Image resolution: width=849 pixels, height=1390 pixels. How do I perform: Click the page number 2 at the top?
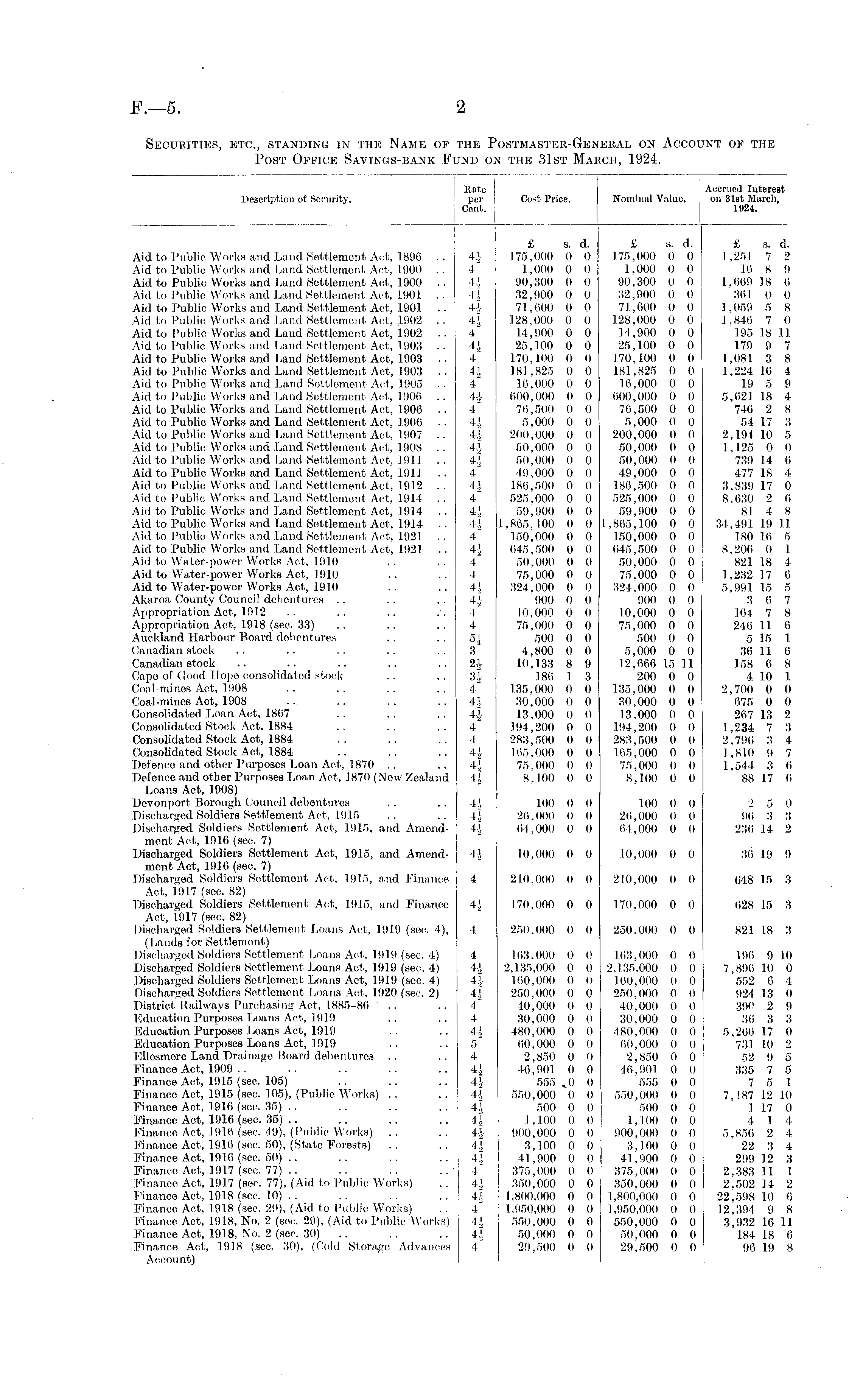coord(460,107)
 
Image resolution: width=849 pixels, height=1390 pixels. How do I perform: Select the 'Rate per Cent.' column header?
coord(474,199)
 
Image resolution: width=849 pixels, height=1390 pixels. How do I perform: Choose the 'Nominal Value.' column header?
coord(649,199)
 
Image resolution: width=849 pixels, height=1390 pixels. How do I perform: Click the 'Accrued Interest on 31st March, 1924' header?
coord(745,199)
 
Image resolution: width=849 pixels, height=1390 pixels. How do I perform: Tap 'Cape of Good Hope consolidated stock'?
coord(238,676)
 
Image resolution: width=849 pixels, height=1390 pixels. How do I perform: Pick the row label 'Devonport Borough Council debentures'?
coord(241,803)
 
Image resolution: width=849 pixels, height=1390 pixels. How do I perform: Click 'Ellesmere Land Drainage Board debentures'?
coord(254,1056)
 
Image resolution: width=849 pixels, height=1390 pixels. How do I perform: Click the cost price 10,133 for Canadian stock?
coord(535,663)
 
